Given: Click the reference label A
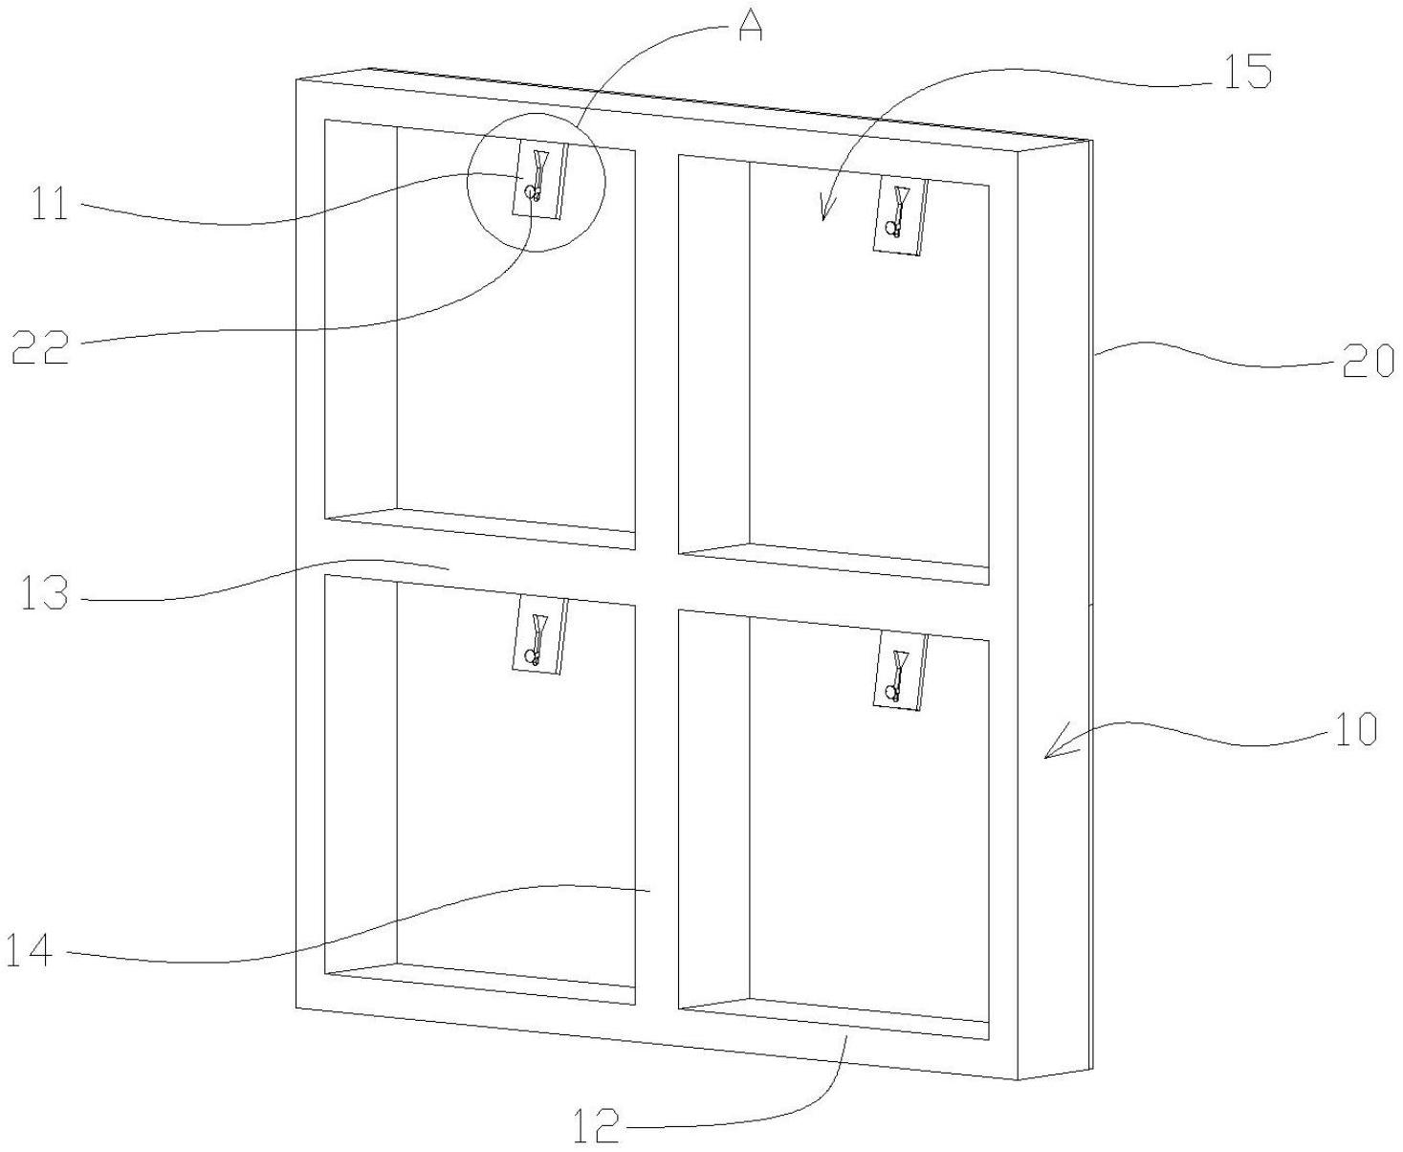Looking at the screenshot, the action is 751,28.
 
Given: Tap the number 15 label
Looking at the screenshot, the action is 1244,73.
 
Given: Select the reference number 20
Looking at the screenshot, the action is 1368,361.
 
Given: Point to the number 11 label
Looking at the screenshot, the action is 50,206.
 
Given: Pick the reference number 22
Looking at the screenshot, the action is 40,348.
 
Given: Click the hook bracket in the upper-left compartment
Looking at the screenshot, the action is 538,180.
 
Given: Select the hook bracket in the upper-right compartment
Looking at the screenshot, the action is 900,216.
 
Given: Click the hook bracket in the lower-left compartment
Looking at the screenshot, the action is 538,635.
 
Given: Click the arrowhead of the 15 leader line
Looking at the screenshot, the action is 822,217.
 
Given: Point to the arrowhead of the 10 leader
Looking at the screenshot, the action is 1046,757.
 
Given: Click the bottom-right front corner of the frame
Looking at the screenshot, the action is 1018,1080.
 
